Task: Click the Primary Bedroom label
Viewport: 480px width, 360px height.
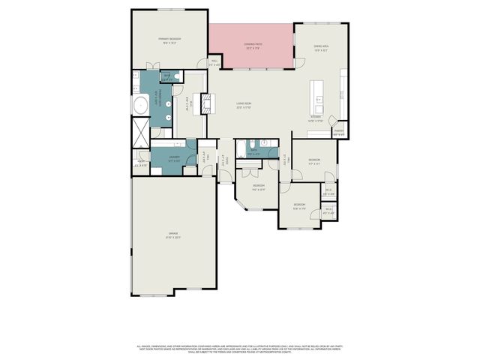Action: click(x=170, y=39)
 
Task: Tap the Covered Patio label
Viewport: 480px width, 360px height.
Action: click(x=252, y=44)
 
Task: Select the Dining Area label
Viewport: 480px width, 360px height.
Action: click(x=321, y=46)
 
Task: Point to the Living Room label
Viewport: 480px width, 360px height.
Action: click(x=243, y=103)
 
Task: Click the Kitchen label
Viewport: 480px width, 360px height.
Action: click(x=316, y=116)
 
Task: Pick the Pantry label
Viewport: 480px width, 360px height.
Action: click(x=339, y=130)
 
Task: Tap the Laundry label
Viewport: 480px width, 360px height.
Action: click(x=173, y=156)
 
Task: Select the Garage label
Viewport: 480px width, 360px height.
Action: click(x=173, y=235)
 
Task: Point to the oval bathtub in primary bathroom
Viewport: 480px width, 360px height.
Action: click(x=140, y=105)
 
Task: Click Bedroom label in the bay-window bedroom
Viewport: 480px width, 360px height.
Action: click(x=258, y=185)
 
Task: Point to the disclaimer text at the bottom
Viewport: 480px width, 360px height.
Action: click(x=239, y=349)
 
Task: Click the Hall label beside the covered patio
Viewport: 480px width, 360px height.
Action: click(x=214, y=61)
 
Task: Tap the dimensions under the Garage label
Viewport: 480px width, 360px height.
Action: click(x=173, y=238)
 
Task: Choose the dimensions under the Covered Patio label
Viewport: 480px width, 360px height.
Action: click(x=252, y=48)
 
